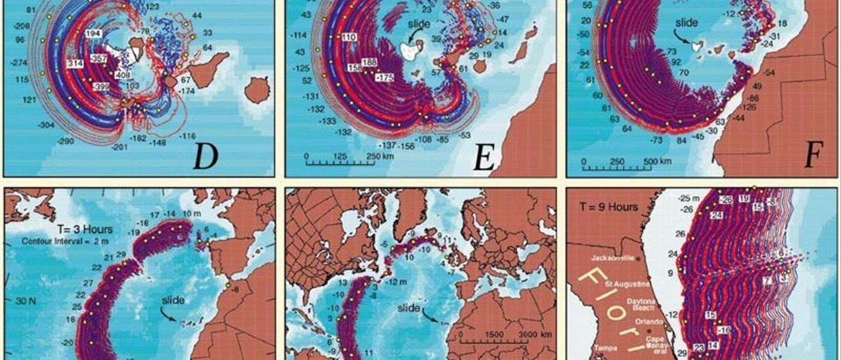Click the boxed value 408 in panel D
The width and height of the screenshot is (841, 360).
123,76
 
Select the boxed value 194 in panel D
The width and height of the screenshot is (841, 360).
93,33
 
